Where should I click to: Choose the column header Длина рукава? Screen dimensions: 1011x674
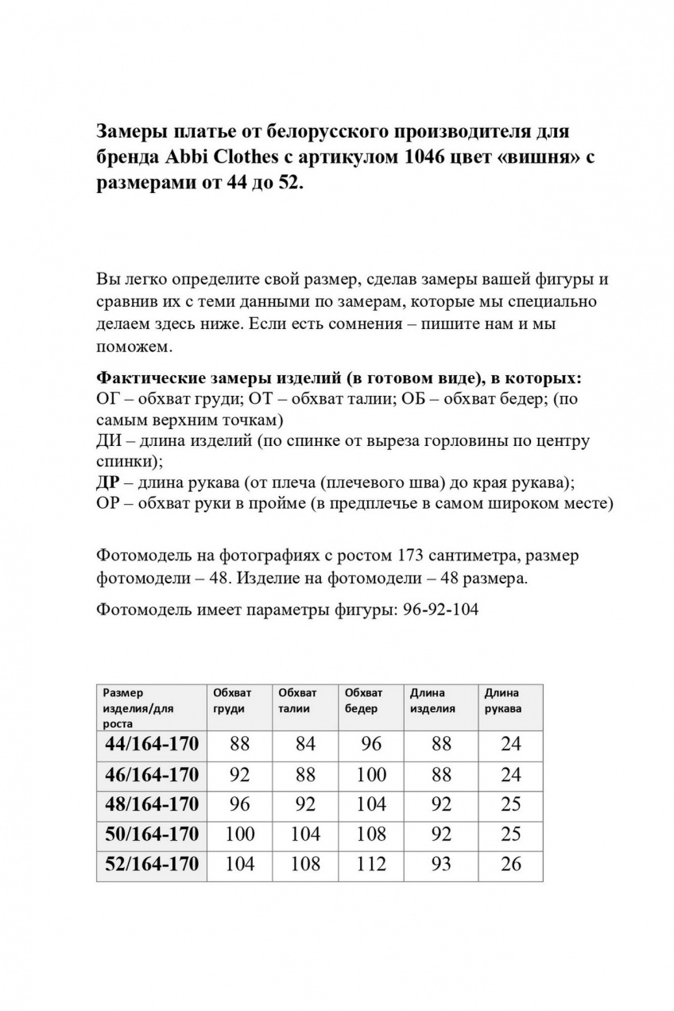point(503,701)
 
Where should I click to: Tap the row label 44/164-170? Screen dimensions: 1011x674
point(152,744)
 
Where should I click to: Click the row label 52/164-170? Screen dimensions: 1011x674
point(152,864)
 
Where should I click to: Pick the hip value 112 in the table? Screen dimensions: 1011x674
point(371,864)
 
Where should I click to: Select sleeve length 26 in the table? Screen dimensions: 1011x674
point(510,864)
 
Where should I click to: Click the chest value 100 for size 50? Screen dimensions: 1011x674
point(239,834)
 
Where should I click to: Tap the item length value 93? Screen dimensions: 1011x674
point(441,864)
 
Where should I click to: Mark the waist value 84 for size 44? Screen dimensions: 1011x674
point(305,744)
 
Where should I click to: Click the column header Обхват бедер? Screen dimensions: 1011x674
point(364,701)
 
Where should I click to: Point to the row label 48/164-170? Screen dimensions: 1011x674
point(152,804)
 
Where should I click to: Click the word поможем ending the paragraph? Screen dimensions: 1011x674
point(133,347)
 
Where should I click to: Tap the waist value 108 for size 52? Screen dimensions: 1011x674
point(305,864)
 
